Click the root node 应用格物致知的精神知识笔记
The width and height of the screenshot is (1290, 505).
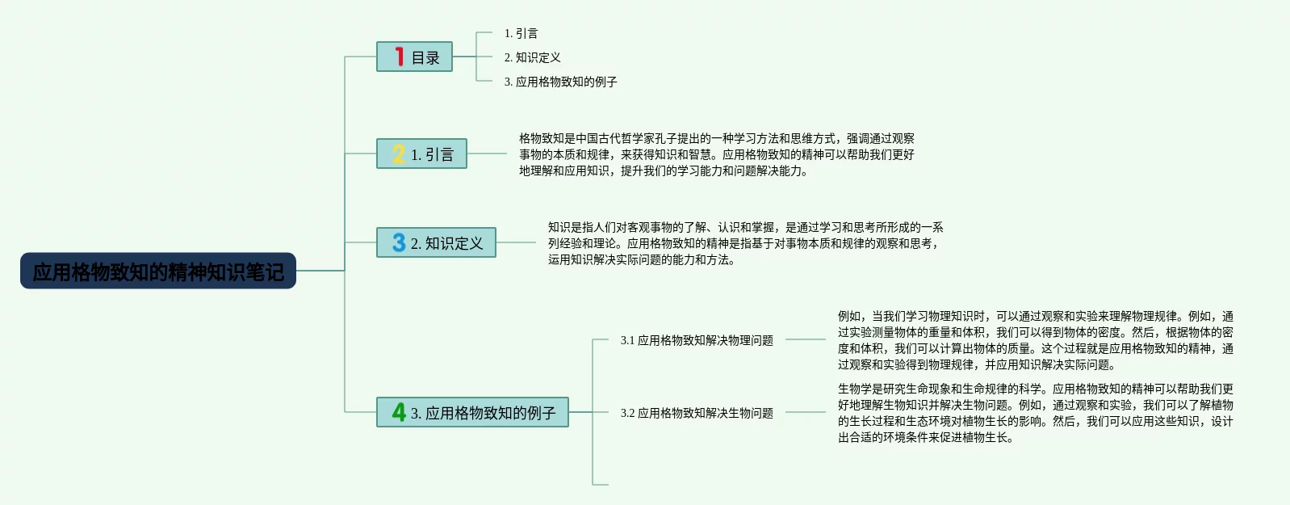coord(158,271)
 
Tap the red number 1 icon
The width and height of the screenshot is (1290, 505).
coord(399,57)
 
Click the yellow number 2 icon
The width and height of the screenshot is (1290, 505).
coord(399,154)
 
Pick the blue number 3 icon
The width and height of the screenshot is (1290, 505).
coord(399,242)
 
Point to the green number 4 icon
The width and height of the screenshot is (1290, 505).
coord(399,412)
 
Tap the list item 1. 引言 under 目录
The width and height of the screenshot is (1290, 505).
coord(521,33)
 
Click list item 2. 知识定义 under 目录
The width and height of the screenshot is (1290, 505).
coord(532,57)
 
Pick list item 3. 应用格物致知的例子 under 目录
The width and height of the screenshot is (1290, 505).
coord(560,82)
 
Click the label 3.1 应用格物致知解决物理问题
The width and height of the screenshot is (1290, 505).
coord(697,340)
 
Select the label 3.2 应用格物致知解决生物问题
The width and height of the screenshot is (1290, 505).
coord(697,413)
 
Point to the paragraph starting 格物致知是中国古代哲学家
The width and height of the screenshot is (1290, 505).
coord(716,154)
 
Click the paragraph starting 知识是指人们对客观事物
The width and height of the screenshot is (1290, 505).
coord(745,243)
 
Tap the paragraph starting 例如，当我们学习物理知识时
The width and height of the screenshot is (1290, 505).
coord(1035,340)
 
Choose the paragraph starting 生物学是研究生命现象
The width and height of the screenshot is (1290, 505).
coord(1035,413)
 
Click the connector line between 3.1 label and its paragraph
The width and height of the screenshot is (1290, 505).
coord(805,339)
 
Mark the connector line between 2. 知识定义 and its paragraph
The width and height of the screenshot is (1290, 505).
coord(517,242)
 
